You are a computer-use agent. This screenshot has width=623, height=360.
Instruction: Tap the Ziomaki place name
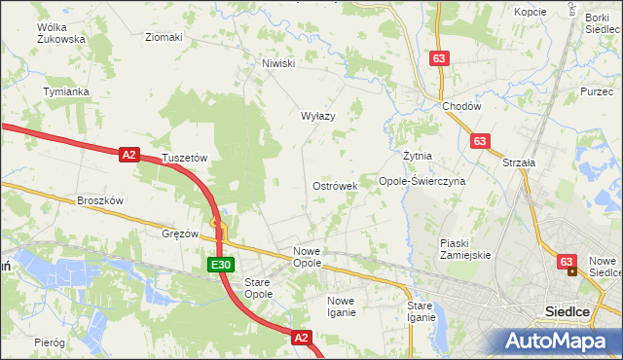coord(164,38)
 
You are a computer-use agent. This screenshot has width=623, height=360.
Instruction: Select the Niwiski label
coord(278,64)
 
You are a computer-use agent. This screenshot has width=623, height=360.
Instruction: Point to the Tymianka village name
coord(66,91)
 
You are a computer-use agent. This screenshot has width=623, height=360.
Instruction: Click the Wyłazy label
coord(317,116)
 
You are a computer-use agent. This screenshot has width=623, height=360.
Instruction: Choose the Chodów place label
coord(461,106)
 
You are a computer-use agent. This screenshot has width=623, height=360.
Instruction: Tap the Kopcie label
coord(531,12)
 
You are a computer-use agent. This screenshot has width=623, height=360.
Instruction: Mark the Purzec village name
coord(596,90)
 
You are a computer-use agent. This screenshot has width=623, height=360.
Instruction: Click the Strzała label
coord(520,162)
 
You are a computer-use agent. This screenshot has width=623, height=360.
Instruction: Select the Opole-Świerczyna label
coord(422,181)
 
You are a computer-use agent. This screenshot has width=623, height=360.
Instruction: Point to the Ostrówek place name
coord(335,185)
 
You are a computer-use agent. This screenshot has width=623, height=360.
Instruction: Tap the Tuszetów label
coord(186,158)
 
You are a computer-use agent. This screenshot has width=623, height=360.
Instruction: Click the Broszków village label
coord(99,200)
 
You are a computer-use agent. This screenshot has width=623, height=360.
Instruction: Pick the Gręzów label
coord(180,234)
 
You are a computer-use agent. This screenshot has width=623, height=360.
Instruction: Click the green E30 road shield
coord(220,265)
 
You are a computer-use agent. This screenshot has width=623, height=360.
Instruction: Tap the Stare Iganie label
coord(421,311)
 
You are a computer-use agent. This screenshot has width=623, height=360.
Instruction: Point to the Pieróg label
coord(49,342)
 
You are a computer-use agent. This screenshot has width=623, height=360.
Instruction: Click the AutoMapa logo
coord(557,341)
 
